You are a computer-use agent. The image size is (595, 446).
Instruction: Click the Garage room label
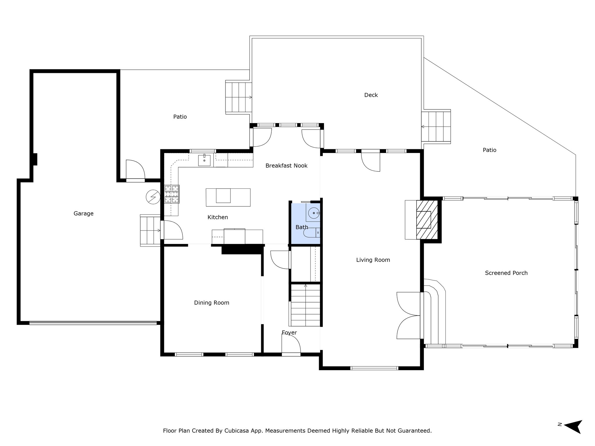click(x=83, y=214)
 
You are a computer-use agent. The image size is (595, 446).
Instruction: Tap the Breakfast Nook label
click(x=286, y=166)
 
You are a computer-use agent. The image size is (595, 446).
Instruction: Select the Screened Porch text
click(x=506, y=273)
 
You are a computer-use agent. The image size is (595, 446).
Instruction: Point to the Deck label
click(x=371, y=95)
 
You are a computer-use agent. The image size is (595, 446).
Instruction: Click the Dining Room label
click(x=212, y=303)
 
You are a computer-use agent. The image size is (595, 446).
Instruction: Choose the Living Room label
click(x=373, y=260)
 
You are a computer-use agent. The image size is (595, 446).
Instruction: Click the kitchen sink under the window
click(x=204, y=160)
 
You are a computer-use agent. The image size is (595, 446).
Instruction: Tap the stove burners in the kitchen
click(x=172, y=194)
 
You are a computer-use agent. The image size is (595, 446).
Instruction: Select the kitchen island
click(x=228, y=197)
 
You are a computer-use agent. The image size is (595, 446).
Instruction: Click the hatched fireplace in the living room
click(x=427, y=220)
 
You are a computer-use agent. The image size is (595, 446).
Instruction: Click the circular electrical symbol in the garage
click(x=153, y=197)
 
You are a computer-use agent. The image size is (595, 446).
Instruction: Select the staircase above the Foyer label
click(x=305, y=305)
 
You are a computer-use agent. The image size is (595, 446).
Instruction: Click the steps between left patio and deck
click(x=239, y=97)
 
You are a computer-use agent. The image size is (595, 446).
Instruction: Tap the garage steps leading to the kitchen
click(x=150, y=231)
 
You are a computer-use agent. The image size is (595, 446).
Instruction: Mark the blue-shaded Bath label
click(x=302, y=227)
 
